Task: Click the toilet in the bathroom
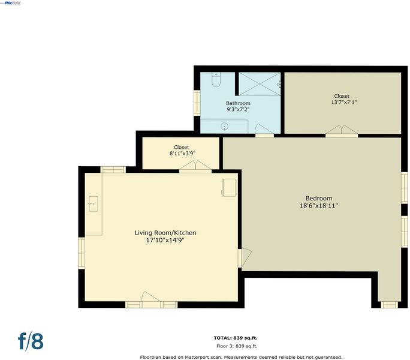pyautogui.click(x=216, y=79)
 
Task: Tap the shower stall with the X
pyautogui.click(x=260, y=84)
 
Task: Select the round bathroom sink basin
pyautogui.click(x=224, y=127)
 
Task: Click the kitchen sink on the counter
pyautogui.click(x=93, y=203)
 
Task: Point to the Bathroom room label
pyautogui.click(x=238, y=103)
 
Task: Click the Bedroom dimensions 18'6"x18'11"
pyautogui.click(x=319, y=206)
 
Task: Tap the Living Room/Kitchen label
pyautogui.click(x=165, y=233)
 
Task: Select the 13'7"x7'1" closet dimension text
pyautogui.click(x=344, y=103)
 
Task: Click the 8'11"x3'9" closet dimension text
pyautogui.click(x=182, y=154)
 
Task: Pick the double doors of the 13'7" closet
pyautogui.click(x=342, y=130)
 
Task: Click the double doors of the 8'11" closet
pyautogui.click(x=195, y=166)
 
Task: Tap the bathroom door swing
pyautogui.click(x=264, y=129)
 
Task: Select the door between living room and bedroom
pyautogui.click(x=245, y=257)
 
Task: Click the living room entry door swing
pyautogui.click(x=151, y=298)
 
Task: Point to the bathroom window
pyautogui.click(x=197, y=103)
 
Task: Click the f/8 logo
pyautogui.click(x=31, y=341)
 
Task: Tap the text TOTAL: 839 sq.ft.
pyautogui.click(x=236, y=338)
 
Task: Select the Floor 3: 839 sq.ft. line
pyautogui.click(x=237, y=346)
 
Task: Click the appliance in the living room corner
pyautogui.click(x=230, y=187)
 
